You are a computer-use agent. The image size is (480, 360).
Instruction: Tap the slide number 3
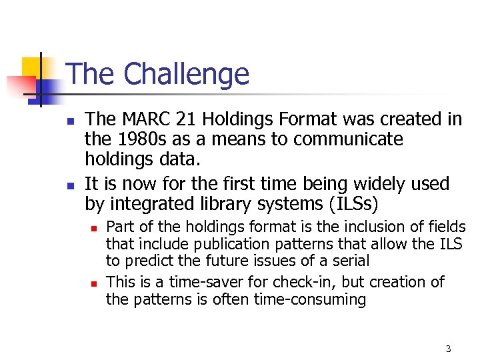448,349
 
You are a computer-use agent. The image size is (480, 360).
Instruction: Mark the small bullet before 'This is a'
95,283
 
